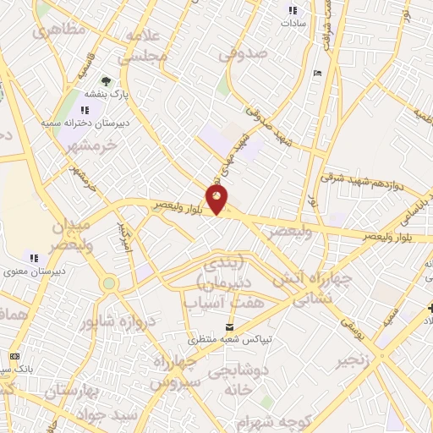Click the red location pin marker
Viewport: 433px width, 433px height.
(x=217, y=200)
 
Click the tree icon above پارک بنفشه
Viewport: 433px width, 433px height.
(x=105, y=81)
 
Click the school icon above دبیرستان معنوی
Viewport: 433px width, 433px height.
(x=34, y=257)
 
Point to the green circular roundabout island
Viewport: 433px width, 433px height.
(x=109, y=283)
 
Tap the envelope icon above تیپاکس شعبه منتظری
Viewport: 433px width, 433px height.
(x=229, y=327)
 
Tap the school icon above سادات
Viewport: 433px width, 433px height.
(x=293, y=11)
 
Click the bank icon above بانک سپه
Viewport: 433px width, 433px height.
(x=14, y=357)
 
